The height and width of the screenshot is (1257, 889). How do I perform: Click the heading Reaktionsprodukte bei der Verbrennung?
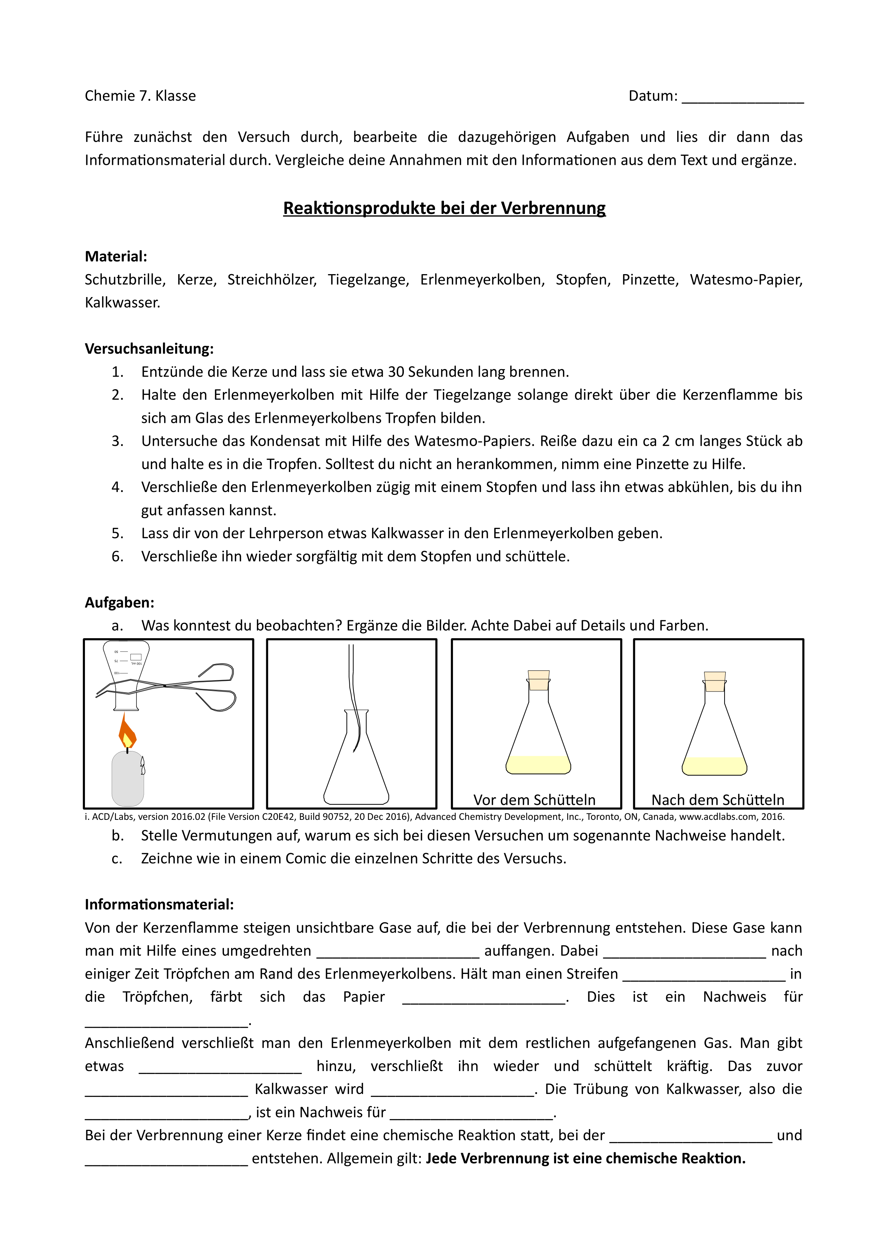click(x=444, y=209)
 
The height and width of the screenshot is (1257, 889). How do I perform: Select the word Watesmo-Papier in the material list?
click(x=746, y=280)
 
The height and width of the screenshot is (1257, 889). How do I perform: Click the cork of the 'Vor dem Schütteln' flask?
click(x=539, y=680)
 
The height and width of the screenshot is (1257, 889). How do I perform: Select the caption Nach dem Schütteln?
click(x=718, y=800)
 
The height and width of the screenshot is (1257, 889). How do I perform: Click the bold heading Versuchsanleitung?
click(x=149, y=349)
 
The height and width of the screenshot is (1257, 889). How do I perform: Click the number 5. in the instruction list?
click(x=118, y=533)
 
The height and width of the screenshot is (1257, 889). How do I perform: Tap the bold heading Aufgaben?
click(x=119, y=603)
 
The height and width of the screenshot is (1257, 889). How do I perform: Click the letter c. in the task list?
click(x=117, y=859)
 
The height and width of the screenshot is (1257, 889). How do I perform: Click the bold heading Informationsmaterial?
click(x=159, y=904)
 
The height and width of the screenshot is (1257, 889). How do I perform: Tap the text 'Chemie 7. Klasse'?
click(x=140, y=96)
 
